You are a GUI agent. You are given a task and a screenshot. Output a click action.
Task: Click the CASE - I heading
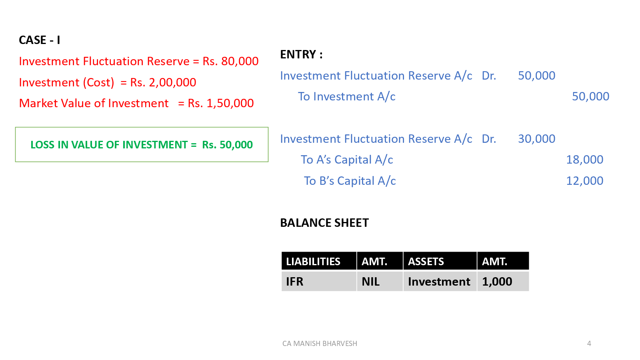pos(39,40)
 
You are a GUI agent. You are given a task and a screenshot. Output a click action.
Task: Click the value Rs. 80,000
pos(230,61)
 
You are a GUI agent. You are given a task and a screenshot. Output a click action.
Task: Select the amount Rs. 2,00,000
pos(163,82)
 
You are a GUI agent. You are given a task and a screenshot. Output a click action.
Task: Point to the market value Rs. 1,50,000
pos(221,103)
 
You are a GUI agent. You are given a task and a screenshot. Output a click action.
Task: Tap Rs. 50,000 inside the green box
pos(227,145)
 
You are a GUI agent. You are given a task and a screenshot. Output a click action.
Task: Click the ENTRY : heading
pos(301,54)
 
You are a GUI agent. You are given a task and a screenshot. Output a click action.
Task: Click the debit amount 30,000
pos(536,139)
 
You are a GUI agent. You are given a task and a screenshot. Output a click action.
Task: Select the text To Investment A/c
pos(346,96)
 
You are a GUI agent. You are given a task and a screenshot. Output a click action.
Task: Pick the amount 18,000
pos(584,160)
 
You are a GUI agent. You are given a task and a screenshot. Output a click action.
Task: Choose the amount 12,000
pos(584,181)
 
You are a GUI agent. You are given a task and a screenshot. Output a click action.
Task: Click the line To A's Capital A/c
pos(347,160)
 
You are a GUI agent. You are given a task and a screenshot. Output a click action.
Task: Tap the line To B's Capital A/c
pos(350,181)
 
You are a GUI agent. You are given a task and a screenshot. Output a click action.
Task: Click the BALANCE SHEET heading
pos(324,223)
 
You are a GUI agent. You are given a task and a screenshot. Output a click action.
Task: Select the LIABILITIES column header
pos(313,262)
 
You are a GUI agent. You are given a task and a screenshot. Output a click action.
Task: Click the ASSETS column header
pos(426,262)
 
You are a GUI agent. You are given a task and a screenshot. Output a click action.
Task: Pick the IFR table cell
pos(295,282)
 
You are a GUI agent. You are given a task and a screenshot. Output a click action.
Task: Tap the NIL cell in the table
pos(370,282)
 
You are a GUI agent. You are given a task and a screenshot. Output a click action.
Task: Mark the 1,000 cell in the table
pos(497,282)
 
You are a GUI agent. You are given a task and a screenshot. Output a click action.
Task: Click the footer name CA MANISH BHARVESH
pos(320,344)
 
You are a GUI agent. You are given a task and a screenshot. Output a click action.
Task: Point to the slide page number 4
pos(589,344)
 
